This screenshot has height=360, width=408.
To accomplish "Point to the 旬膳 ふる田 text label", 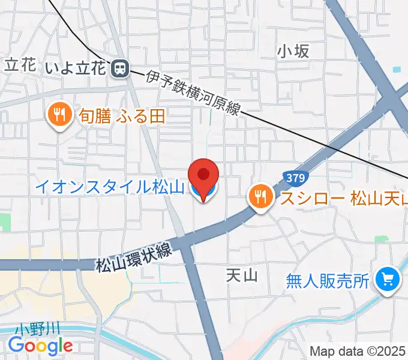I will click(122, 115).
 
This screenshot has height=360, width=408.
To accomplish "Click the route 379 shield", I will click(295, 178).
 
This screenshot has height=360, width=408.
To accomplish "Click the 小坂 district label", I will click(293, 52).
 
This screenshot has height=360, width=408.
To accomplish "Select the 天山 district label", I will click(242, 275).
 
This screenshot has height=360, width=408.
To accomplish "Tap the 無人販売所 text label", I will click(328, 280).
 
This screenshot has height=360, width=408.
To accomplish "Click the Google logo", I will click(40, 345).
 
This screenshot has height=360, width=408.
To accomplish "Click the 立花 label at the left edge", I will click(19, 65).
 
